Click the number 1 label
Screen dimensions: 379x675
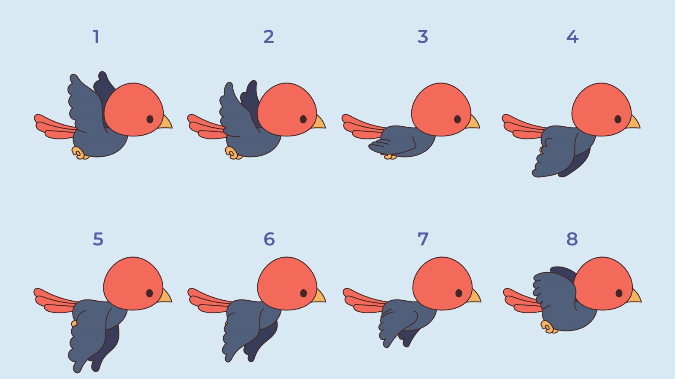pos(96,37)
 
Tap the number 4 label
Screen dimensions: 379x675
pos(572,37)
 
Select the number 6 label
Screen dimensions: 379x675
pos(269,239)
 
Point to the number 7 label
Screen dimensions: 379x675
pos(423,239)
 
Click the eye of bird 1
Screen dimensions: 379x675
pos(150,119)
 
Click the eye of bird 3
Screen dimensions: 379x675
pos(457,119)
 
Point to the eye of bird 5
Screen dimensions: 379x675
pos(149,293)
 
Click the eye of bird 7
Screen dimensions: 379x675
pos(459,293)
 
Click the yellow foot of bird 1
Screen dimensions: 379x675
pos(79,153)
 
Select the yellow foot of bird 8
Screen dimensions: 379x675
pos(548,327)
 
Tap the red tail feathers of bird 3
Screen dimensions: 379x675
pos(361,127)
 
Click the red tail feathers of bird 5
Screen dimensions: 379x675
pos(53,301)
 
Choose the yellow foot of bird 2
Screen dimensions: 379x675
pos(232,153)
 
